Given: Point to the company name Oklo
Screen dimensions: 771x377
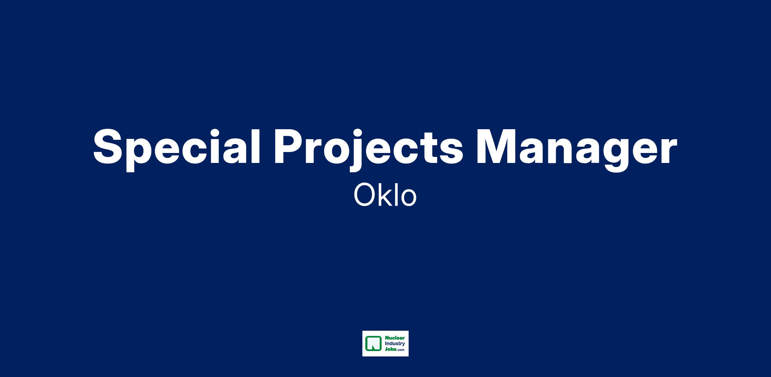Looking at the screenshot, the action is click(385, 195).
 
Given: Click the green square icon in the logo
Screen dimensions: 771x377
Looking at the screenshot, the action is click(373, 344).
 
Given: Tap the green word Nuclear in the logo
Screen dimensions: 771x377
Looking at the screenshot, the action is click(394, 338).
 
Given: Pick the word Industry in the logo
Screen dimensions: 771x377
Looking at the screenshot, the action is click(394, 344).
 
